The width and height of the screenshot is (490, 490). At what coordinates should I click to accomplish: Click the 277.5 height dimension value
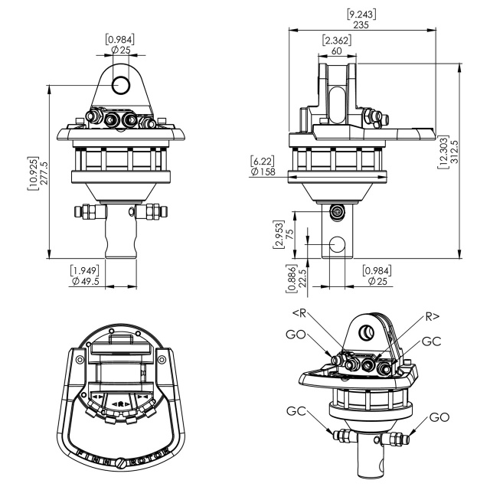[44, 173]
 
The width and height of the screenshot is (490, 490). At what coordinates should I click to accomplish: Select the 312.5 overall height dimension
[454, 152]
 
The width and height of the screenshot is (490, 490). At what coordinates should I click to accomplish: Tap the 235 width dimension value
[361, 24]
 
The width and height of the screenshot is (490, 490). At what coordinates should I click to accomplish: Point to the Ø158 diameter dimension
[263, 171]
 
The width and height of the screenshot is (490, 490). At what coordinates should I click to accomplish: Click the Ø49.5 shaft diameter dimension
[85, 281]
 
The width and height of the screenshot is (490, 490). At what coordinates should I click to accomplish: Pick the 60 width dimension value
[337, 51]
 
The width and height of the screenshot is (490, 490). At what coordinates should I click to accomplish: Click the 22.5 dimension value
[302, 279]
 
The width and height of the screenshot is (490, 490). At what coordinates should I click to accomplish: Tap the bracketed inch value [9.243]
[361, 15]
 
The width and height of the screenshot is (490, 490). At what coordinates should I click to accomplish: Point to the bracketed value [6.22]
[263, 162]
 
